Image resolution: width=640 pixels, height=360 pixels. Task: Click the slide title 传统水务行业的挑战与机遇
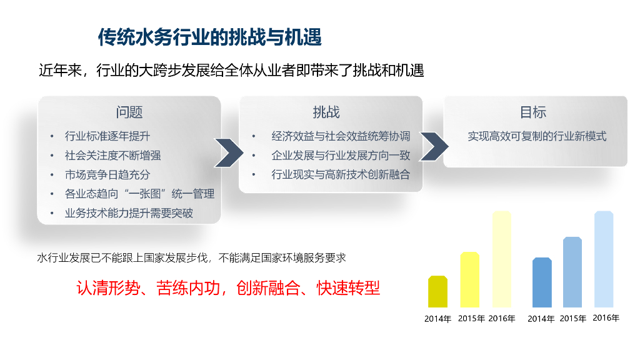point(210,37)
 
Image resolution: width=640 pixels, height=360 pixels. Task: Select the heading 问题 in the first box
point(129,112)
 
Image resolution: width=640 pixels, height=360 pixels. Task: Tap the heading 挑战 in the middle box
point(326,112)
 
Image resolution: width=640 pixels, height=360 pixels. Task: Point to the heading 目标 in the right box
point(533,112)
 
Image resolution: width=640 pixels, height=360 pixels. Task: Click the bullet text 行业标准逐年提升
point(107,136)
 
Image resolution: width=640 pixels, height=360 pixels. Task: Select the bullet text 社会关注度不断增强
point(112,155)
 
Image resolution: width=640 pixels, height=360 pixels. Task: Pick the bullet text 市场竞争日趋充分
point(107,175)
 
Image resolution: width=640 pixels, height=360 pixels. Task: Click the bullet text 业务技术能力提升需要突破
point(129,213)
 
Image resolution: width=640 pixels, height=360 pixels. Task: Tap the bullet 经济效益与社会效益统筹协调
point(341,136)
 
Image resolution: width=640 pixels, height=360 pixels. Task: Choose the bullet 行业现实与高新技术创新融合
point(341,175)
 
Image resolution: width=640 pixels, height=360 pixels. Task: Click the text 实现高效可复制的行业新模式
point(537,136)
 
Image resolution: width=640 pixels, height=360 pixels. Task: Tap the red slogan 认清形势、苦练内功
point(148,288)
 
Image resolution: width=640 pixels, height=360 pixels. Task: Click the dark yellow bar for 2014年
point(437,292)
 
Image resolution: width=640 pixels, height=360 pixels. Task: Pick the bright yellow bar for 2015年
point(470,279)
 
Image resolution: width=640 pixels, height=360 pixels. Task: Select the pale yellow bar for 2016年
point(502,259)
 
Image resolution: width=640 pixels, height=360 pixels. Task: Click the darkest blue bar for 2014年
point(542,282)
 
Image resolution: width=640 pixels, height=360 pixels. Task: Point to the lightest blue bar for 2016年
point(604,259)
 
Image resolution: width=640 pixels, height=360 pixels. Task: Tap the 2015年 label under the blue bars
point(573,318)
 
